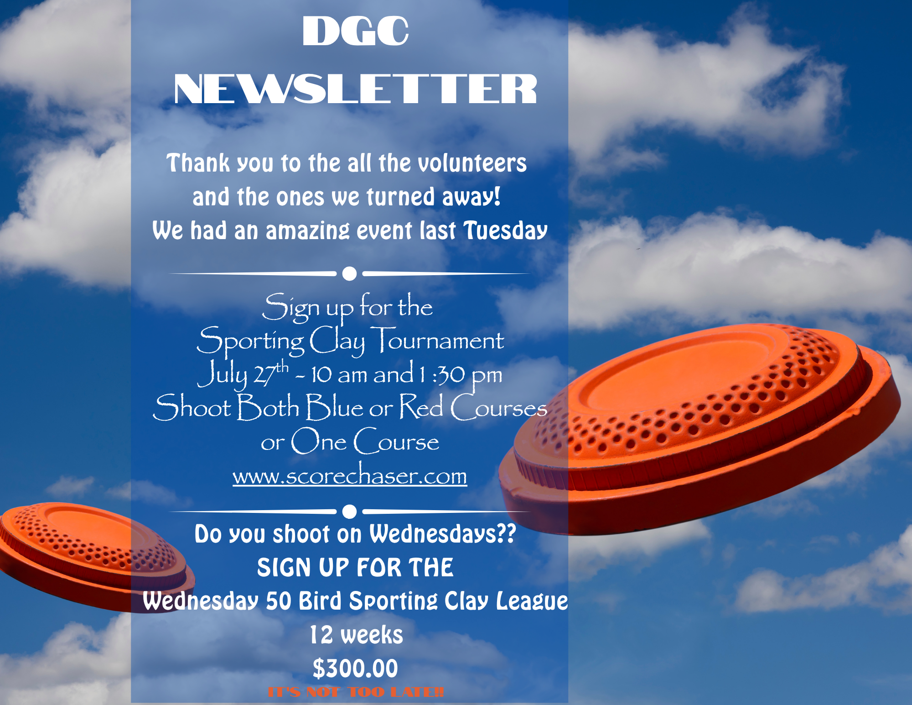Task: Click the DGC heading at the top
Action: (x=355, y=31)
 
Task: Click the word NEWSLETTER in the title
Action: (x=355, y=89)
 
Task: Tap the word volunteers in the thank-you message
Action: (x=472, y=163)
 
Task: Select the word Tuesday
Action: (x=505, y=230)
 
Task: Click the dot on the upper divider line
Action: (x=349, y=274)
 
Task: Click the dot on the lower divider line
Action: (x=349, y=512)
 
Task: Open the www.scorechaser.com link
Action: (x=350, y=475)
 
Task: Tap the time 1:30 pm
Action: (x=461, y=375)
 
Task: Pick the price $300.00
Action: (x=355, y=668)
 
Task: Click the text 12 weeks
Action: (x=356, y=635)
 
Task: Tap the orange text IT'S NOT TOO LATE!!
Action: (x=356, y=692)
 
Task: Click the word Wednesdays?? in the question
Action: (x=442, y=534)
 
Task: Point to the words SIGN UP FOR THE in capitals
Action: (x=355, y=568)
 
